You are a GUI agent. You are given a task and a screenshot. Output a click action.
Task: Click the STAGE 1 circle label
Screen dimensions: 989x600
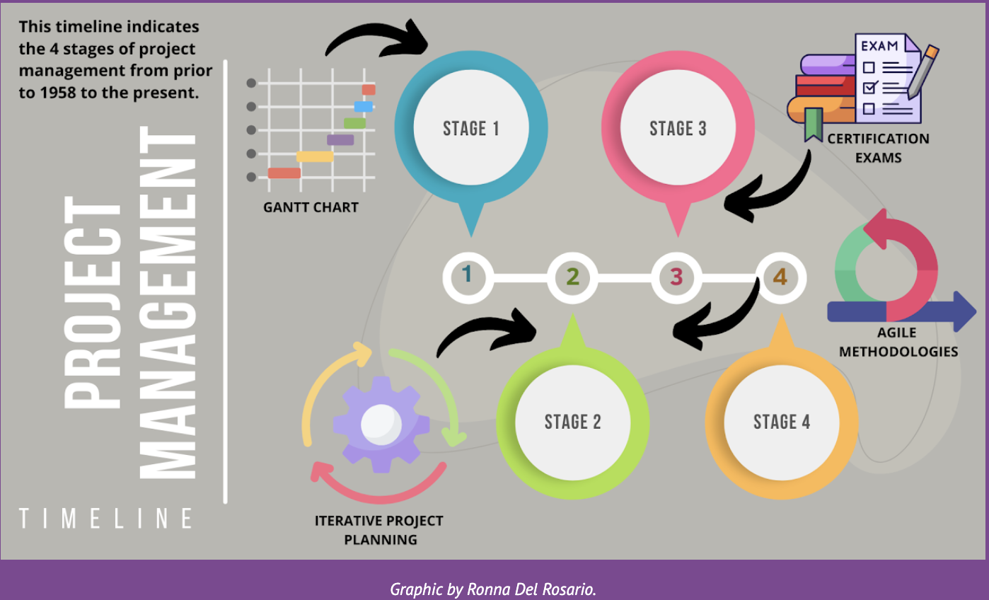click(x=470, y=129)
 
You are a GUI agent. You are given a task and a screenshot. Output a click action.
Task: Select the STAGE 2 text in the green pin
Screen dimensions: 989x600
click(x=572, y=422)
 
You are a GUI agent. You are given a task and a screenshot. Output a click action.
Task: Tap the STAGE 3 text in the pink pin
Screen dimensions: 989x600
click(x=678, y=129)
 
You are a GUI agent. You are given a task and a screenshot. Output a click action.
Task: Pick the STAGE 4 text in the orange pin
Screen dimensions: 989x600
click(x=781, y=422)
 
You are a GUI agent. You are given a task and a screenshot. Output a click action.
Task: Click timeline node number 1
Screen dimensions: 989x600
click(x=467, y=276)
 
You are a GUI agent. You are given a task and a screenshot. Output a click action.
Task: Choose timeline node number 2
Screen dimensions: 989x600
click(x=572, y=276)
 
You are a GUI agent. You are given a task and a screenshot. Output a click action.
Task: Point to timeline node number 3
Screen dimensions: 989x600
click(x=676, y=276)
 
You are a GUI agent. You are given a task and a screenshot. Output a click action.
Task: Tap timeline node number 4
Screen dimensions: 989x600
click(x=780, y=276)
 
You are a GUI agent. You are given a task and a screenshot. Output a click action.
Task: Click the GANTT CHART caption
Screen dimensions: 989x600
click(x=311, y=208)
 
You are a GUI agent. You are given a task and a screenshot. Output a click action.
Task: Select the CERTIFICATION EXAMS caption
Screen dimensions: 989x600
click(x=878, y=148)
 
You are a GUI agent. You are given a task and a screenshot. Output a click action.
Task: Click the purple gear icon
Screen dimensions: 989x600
click(x=381, y=423)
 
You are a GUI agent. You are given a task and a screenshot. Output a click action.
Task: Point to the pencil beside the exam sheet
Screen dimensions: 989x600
click(x=924, y=71)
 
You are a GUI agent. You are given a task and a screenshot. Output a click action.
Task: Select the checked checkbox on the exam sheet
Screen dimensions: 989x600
click(x=872, y=88)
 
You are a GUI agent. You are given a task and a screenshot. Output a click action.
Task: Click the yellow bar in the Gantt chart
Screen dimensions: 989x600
click(x=315, y=156)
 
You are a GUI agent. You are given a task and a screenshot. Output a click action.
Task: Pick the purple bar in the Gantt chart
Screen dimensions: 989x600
click(x=340, y=140)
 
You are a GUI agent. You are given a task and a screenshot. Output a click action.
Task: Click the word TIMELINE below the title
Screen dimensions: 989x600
click(x=106, y=519)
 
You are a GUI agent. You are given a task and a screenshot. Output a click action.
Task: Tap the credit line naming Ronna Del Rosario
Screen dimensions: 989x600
click(x=493, y=589)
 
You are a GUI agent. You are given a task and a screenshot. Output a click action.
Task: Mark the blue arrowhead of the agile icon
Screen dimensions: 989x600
click(x=964, y=311)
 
